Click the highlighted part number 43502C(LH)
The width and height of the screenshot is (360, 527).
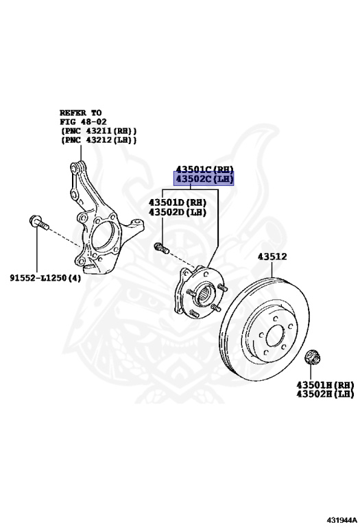[x=204, y=180]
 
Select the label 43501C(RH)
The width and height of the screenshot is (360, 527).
[x=204, y=169]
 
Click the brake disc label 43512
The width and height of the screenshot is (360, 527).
[x=272, y=257]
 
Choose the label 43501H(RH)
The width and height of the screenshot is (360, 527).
[x=325, y=385]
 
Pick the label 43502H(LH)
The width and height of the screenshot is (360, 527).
[x=325, y=394]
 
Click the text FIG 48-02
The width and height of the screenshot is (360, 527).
[x=83, y=121]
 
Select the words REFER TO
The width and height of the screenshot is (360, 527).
[x=80, y=113]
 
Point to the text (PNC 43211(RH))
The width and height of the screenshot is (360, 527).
[x=98, y=130]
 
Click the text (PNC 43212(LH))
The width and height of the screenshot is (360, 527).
[x=98, y=140]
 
